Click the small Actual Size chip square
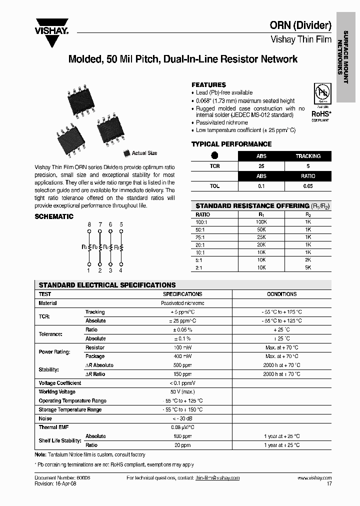pyautogui.click(x=126, y=153)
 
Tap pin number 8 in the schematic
pyautogui.click(x=89, y=224)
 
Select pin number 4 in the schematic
pyautogui.click(x=121, y=270)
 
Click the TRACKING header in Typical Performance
pyautogui.click(x=307, y=156)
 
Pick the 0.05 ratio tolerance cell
pyautogui.click(x=307, y=186)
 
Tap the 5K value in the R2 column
pyautogui.click(x=308, y=267)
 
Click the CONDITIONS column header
pyautogui.click(x=281, y=294)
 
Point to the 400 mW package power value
pyautogui.click(x=182, y=356)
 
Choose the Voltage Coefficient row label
pyautogui.click(x=59, y=383)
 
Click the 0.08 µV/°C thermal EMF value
pyautogui.click(x=182, y=427)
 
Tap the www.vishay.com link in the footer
pyautogui.click(x=314, y=478)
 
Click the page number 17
pyautogui.click(x=328, y=484)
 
